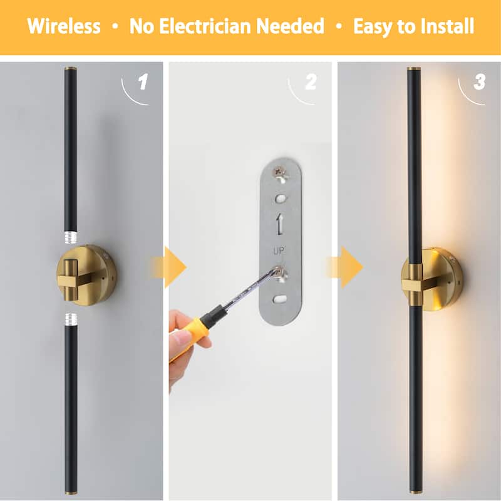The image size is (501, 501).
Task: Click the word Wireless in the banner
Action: [64, 26]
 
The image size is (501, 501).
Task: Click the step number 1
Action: [143, 81]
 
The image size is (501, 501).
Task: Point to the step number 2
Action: [311, 81]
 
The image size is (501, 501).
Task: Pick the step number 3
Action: [479, 81]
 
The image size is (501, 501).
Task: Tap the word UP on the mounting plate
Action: [279, 251]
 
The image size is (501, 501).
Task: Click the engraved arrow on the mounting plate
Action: [280, 224]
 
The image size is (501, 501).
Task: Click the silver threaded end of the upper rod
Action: [71, 237]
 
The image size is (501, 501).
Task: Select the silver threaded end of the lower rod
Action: [71, 319]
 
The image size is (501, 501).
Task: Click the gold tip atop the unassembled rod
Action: [70, 69]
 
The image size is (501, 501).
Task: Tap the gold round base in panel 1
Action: [86, 275]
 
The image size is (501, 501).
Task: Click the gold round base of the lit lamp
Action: [432, 280]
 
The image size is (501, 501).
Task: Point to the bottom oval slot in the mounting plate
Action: [280, 299]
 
